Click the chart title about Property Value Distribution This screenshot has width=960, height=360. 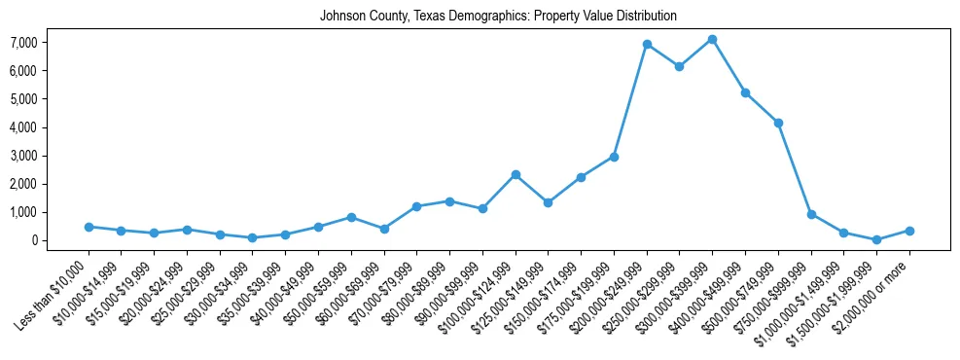[x=498, y=17]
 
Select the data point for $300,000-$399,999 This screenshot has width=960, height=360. [x=712, y=40]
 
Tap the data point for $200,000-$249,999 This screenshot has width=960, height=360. [x=647, y=45]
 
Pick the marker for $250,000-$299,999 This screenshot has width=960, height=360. [x=680, y=67]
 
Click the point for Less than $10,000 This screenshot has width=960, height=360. [x=89, y=227]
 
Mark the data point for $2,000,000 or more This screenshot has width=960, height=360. [x=909, y=231]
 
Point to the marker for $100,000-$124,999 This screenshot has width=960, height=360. [x=516, y=175]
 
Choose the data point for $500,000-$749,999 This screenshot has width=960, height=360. [x=778, y=123]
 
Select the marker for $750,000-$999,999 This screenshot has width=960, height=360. [x=811, y=214]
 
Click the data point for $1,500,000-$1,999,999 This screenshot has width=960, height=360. [x=876, y=239]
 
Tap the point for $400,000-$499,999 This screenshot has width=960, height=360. [x=745, y=92]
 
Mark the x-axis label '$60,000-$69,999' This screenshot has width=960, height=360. [x=353, y=291]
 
